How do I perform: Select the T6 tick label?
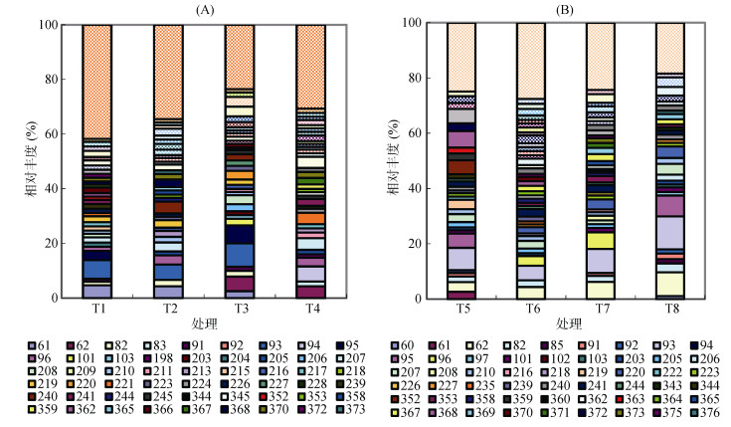coord(532,308)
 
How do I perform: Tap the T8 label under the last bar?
coord(670,308)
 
